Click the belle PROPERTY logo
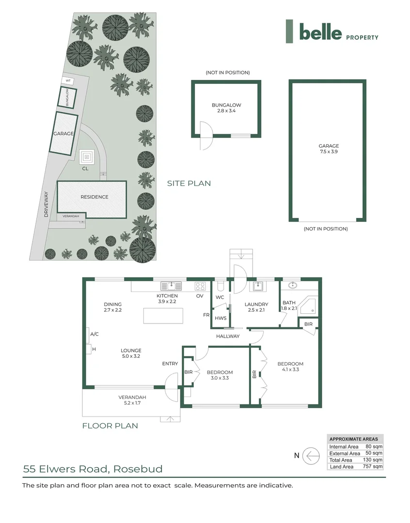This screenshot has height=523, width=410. pos(332,32)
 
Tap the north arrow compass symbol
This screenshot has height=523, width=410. pos(311,456)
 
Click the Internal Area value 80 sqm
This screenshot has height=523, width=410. pos(373,446)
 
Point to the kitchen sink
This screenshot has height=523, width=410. pos(171,285)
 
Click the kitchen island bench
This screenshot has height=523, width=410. pos(163,315)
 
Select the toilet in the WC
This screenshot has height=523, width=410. pos(220,285)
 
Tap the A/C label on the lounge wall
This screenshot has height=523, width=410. pos(95,334)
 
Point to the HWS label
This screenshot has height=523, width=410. pos(221,318)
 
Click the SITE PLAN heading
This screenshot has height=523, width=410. pos(189,184)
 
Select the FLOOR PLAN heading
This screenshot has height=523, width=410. pos(110,426)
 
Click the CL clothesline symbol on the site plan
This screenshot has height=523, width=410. pos(87,157)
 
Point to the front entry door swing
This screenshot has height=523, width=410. pos(171,382)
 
